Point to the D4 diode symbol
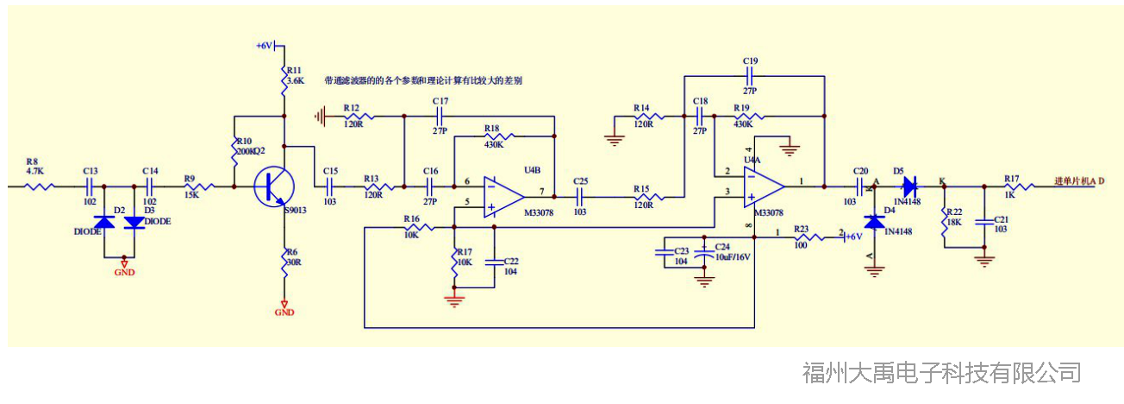876,222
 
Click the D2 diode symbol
104,222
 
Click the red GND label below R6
284,312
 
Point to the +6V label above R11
264,46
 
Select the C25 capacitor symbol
579,197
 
